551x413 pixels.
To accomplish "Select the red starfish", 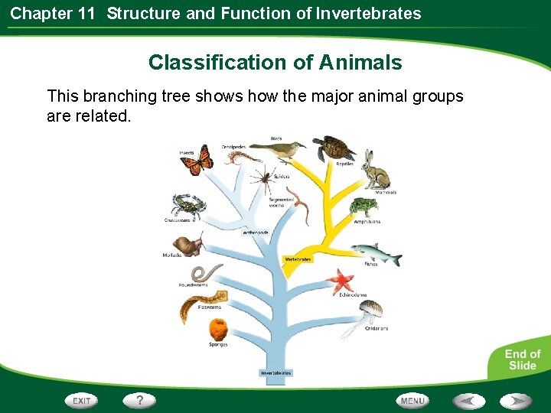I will (x=340, y=281).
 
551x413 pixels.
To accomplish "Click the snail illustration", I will (x=193, y=245).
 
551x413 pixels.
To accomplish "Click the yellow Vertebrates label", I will (x=298, y=259).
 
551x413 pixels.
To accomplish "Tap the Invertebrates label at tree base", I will (x=275, y=373).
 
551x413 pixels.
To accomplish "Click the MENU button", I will (x=412, y=400).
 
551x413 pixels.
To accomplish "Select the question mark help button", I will (x=140, y=400).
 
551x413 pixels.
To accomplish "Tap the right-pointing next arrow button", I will (x=517, y=400).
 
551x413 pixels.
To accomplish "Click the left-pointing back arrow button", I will (x=468, y=400).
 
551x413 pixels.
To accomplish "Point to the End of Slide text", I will (x=522, y=359).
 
